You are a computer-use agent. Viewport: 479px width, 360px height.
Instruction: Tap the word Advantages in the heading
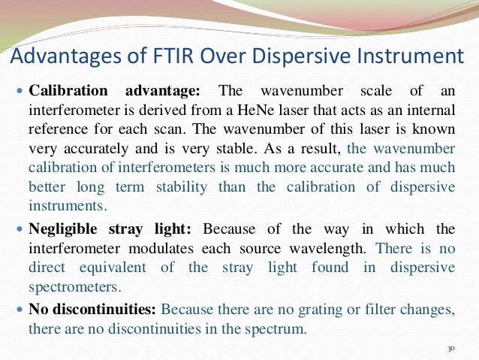click(63, 56)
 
